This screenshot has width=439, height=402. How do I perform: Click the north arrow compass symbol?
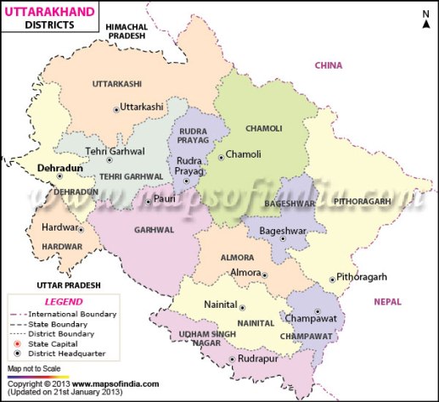tap(425, 18)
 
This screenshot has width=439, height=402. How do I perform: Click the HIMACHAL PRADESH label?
tap(138, 32)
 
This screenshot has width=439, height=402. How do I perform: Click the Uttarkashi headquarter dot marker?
tap(116, 109)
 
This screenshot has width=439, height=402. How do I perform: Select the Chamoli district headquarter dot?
tap(220, 156)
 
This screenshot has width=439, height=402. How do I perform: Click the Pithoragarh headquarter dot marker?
tap(331, 279)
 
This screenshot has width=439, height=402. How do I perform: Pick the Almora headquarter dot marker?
tap(265, 275)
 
